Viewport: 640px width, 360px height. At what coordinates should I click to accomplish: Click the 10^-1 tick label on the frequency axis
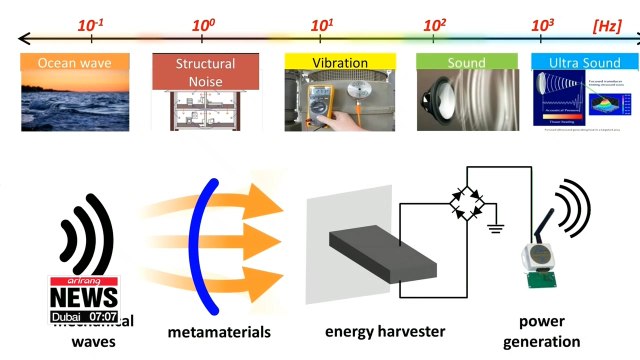[x=92, y=21]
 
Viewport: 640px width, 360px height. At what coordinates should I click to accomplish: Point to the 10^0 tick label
[x=204, y=21]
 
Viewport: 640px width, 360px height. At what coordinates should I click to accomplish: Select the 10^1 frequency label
[x=321, y=21]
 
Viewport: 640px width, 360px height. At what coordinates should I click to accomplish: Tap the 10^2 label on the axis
[x=433, y=21]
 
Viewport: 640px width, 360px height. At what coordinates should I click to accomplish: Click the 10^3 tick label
[x=543, y=21]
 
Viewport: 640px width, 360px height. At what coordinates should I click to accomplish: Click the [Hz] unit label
[x=607, y=21]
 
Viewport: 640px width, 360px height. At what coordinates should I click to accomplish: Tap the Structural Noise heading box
[x=198, y=68]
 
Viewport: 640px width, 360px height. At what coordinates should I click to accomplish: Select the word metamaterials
[x=213, y=331]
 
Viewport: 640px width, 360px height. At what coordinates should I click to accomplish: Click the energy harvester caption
[x=383, y=331]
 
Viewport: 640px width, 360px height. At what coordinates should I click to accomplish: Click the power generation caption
[x=550, y=331]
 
